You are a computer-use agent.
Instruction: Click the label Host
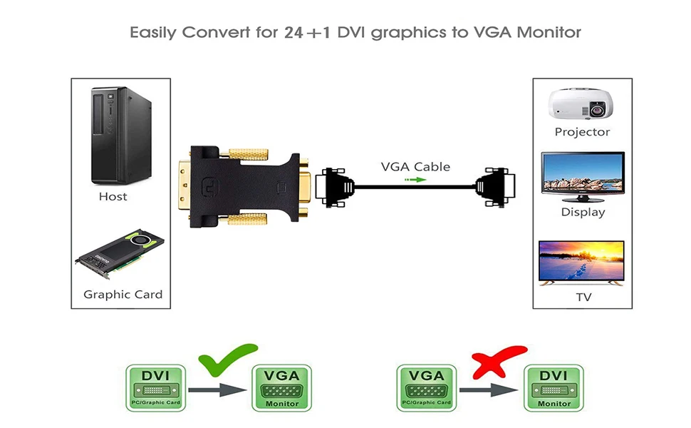pos(113,196)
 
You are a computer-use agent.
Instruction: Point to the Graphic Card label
pos(123,294)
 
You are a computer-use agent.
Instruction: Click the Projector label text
pos(582,132)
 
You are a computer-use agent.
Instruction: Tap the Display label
pos(583,212)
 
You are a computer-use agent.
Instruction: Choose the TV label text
pos(583,297)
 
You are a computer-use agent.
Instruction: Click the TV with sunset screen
pos(582,263)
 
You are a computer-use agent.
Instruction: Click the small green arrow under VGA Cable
pos(415,180)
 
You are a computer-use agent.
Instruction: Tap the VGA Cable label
pos(415,167)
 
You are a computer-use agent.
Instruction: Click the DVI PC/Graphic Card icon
pos(155,388)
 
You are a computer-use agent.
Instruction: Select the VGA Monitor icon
pos(282,388)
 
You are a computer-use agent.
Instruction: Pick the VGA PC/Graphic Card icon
pos(425,388)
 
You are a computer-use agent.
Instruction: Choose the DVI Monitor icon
pos(554,388)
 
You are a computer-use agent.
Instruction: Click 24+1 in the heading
pos(306,33)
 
